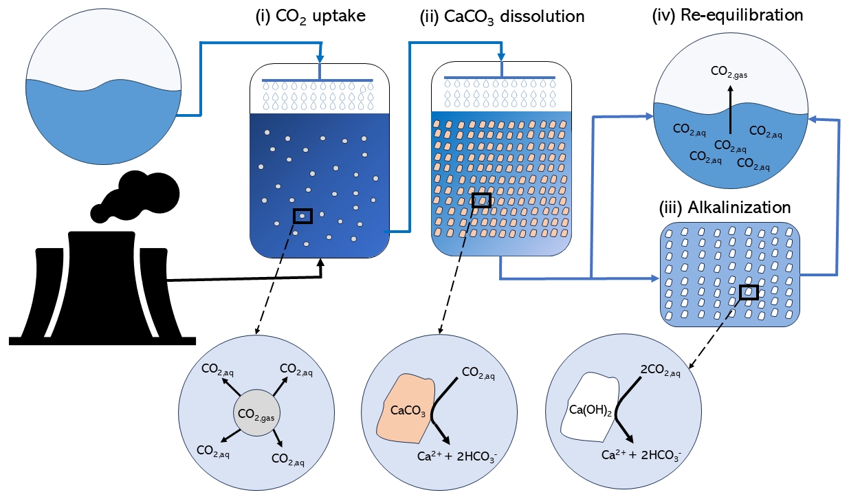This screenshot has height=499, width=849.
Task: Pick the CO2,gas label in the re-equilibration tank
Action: coord(730,70)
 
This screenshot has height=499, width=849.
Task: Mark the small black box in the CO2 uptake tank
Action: coord(302,216)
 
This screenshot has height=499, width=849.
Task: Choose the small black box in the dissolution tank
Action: coord(482,200)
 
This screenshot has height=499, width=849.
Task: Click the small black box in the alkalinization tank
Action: coord(749,292)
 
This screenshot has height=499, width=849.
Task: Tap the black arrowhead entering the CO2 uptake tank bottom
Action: coord(322,263)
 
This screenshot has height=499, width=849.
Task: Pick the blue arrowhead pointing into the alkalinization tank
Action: coord(652,278)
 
